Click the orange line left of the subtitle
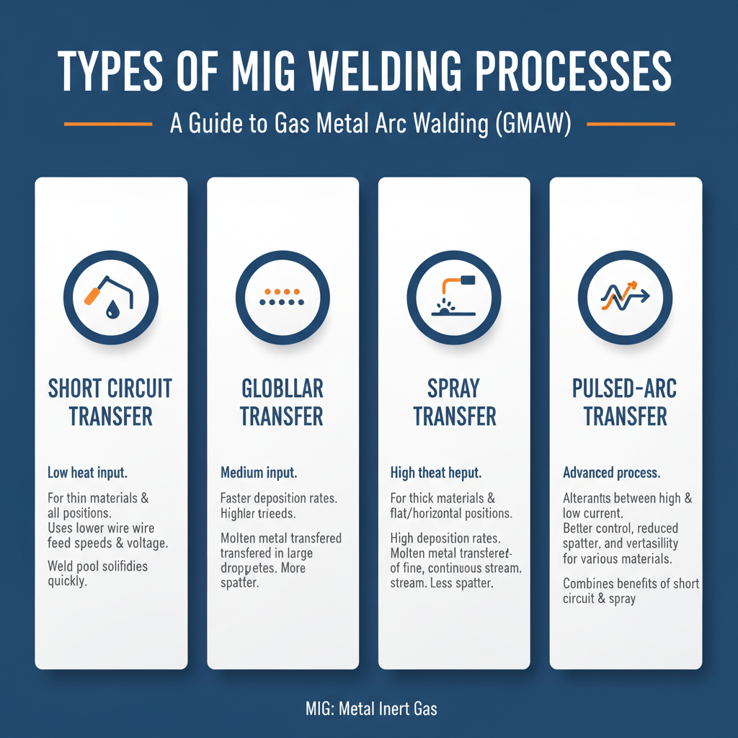pyautogui.click(x=108, y=124)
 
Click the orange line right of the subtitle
pyautogui.click(x=631, y=124)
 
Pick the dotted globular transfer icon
pyautogui.click(x=283, y=298)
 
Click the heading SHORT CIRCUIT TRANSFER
pyautogui.click(x=110, y=402)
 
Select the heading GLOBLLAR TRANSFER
pyautogui.click(x=283, y=402)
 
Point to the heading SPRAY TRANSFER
pyautogui.click(x=454, y=402)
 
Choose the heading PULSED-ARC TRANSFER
pyautogui.click(x=626, y=402)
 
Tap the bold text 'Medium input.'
pyautogui.click(x=259, y=474)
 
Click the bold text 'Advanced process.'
pyautogui.click(x=611, y=474)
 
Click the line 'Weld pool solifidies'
pyautogui.click(x=97, y=566)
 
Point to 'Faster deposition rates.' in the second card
pyautogui.click(x=280, y=498)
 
